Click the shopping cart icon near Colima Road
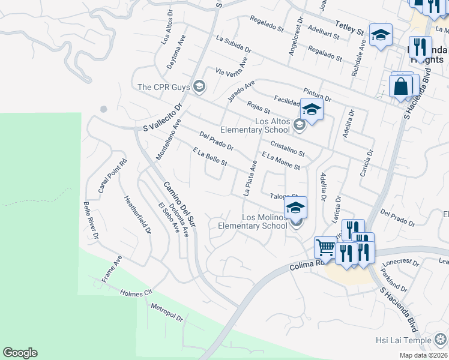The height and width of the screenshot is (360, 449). [325, 247]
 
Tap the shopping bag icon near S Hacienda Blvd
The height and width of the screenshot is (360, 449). [401, 86]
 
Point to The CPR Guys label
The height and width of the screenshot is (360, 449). [163, 87]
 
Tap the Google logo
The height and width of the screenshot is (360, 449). [20, 353]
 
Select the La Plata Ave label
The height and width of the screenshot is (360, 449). [250, 178]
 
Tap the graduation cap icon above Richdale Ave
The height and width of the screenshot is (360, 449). [380, 36]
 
